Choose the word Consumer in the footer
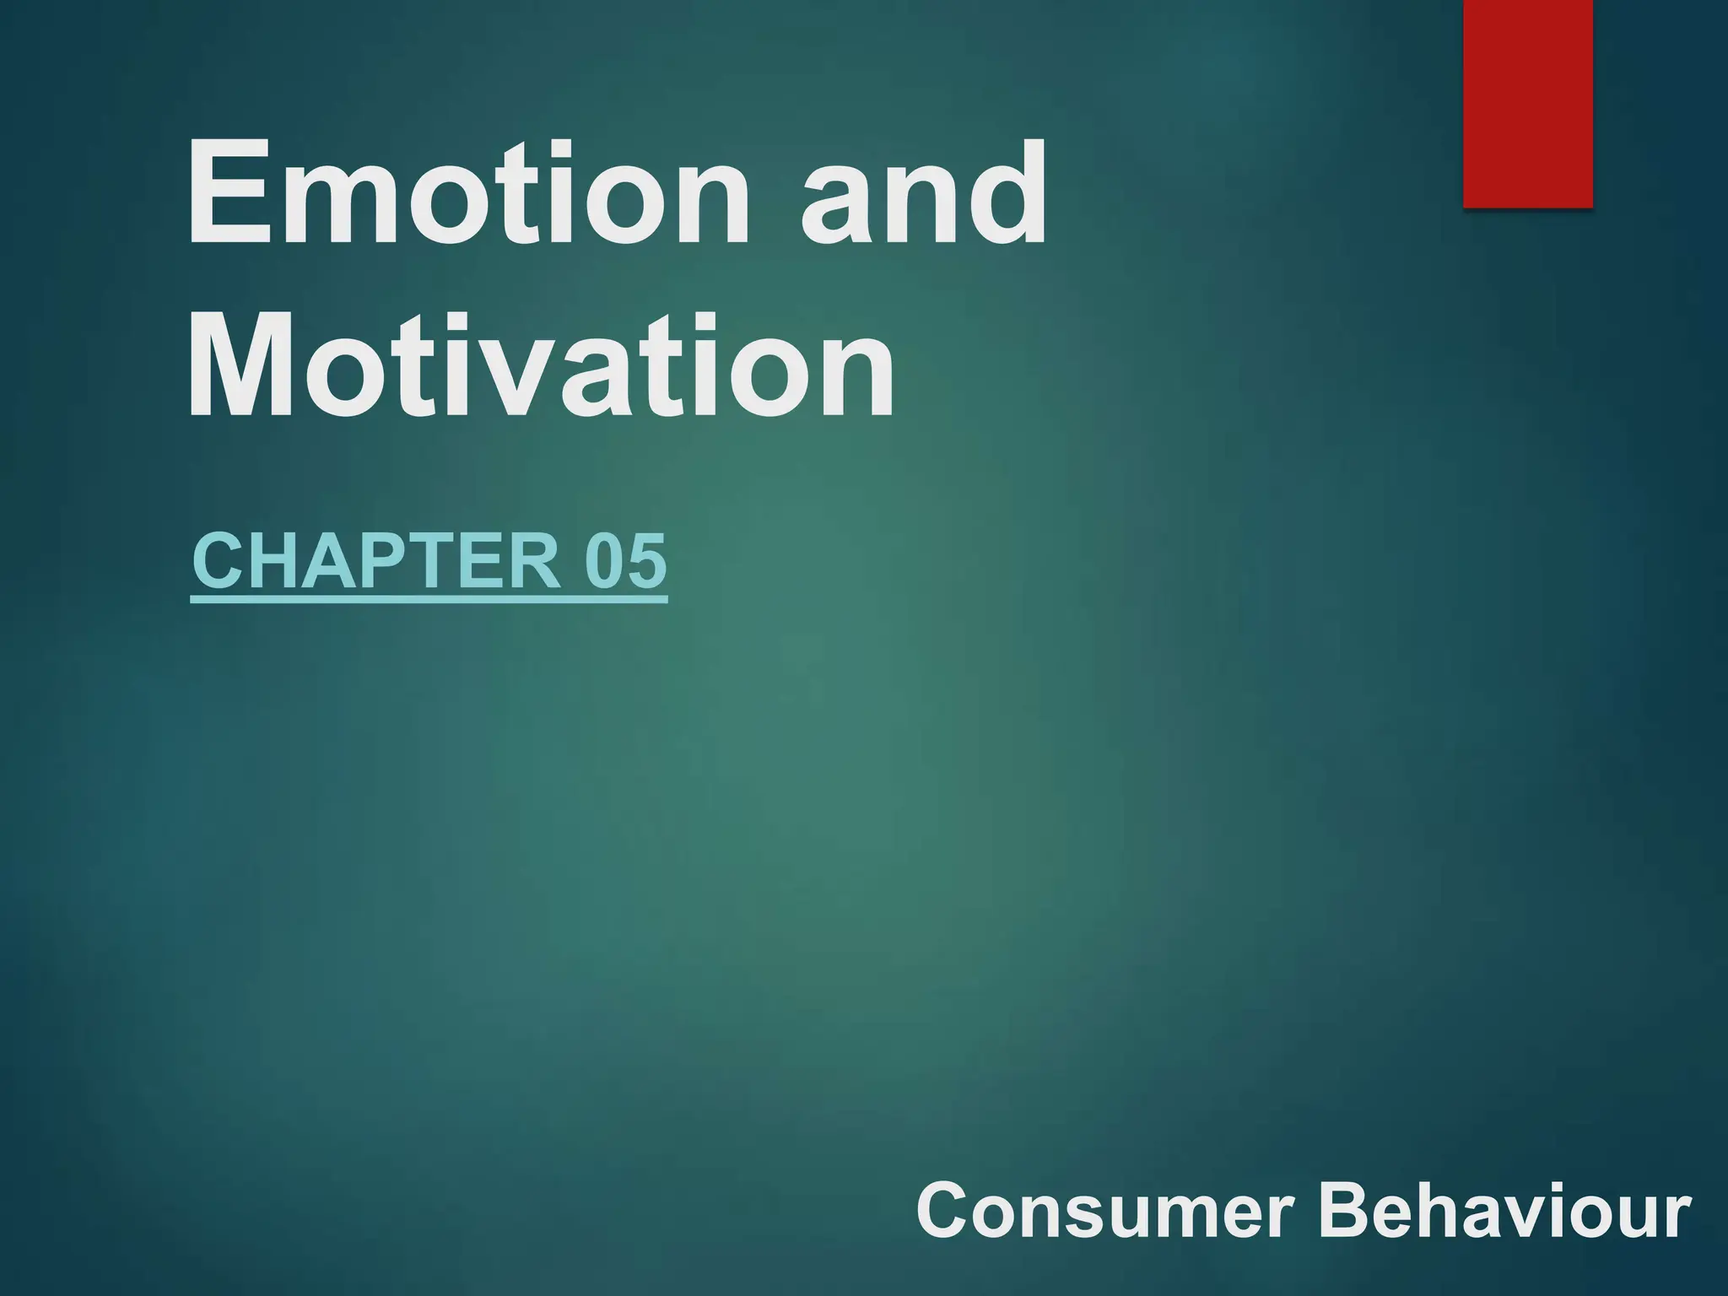tap(1105, 1211)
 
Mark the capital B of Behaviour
tap(1345, 1211)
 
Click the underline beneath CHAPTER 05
tap(429, 600)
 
